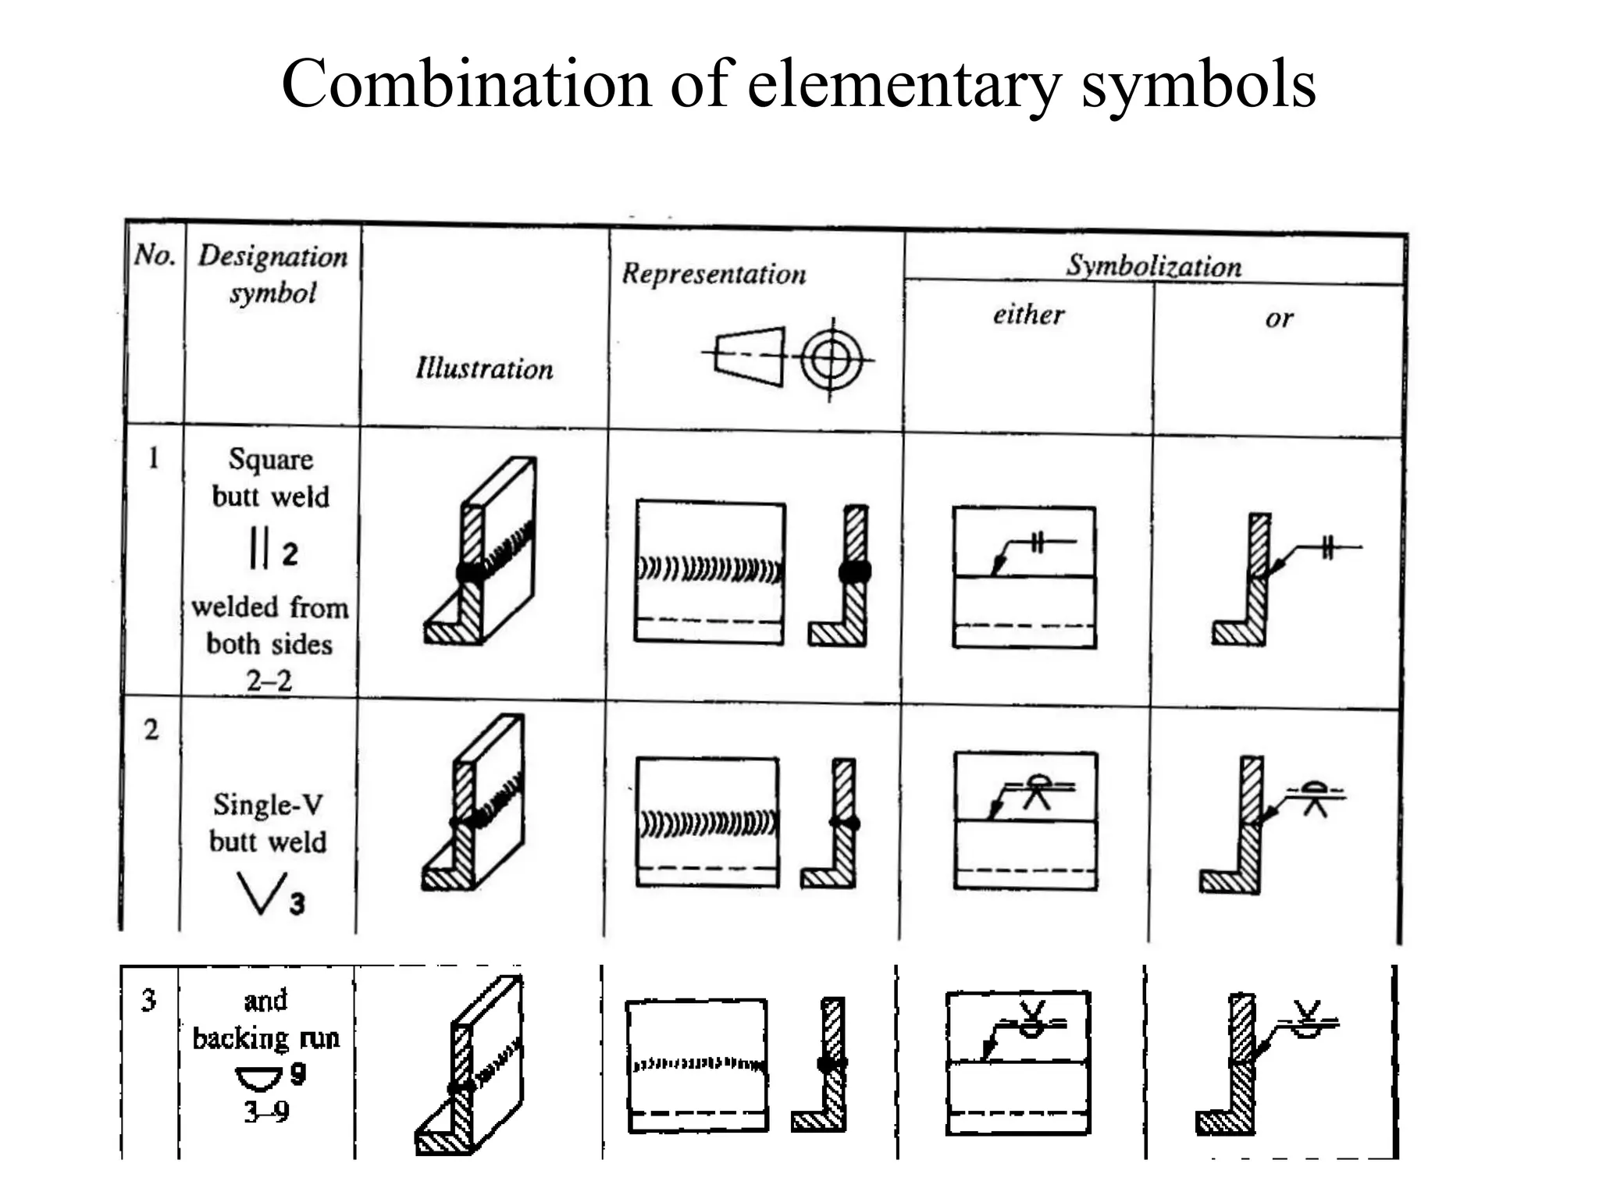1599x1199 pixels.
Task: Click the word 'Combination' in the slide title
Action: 465,84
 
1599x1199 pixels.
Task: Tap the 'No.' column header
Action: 154,254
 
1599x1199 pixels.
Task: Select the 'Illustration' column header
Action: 484,368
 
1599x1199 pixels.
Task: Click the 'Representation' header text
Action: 714,274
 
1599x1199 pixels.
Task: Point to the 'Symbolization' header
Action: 1153,266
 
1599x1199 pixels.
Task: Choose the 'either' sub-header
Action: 1028,315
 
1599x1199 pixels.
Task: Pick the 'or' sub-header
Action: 1279,318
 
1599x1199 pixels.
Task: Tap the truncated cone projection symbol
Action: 748,357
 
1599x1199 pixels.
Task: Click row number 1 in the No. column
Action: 153,458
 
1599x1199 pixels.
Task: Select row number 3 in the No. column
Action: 148,1000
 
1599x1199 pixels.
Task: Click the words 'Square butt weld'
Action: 270,478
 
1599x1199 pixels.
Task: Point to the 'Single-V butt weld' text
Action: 268,823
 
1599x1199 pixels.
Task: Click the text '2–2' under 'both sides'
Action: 269,681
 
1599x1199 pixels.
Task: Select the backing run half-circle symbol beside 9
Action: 258,1079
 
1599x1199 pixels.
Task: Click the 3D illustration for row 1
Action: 481,551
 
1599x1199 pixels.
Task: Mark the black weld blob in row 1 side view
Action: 855,572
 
